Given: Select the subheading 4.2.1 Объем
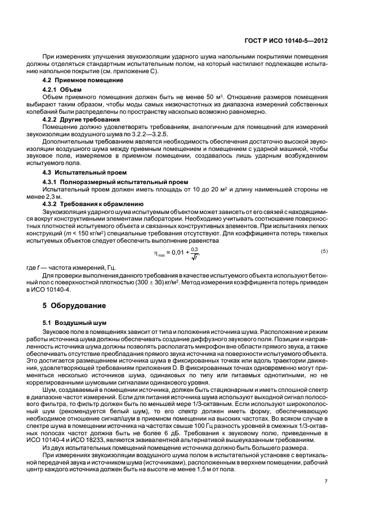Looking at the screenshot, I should [x=62, y=90].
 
